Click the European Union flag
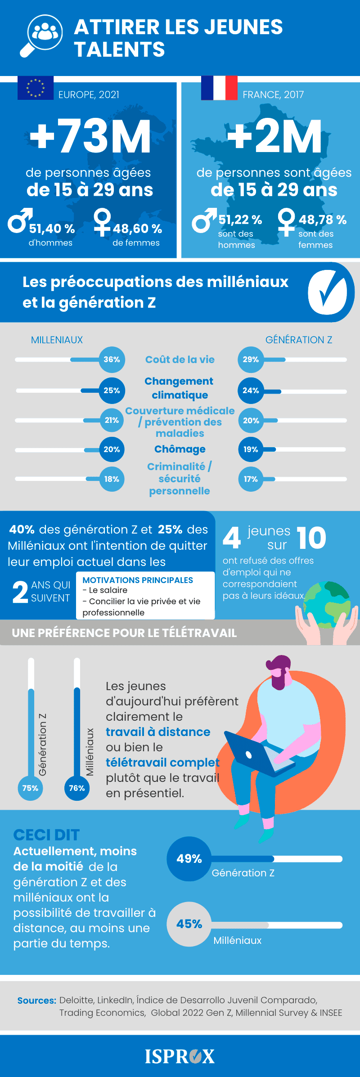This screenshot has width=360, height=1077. (x=36, y=88)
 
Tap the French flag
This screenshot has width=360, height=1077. (x=219, y=88)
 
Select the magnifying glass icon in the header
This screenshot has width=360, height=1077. (x=41, y=36)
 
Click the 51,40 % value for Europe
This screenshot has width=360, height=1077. (x=52, y=229)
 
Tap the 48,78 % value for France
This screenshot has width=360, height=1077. (x=323, y=220)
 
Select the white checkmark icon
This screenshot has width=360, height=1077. (x=328, y=292)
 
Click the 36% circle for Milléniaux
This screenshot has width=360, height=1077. (x=112, y=359)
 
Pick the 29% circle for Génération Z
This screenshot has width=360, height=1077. (x=251, y=359)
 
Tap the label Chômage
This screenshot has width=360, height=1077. (x=180, y=449)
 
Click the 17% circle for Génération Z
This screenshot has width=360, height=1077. (x=251, y=479)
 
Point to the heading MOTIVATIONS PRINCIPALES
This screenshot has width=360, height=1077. (x=138, y=580)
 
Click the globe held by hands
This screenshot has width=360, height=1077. (x=327, y=605)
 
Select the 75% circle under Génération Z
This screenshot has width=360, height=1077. (x=30, y=788)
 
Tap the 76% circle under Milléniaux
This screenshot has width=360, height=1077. (x=77, y=788)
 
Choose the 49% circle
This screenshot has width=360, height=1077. (x=189, y=859)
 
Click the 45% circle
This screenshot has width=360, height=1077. (x=189, y=924)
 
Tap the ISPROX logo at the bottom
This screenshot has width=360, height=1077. (x=180, y=1056)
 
